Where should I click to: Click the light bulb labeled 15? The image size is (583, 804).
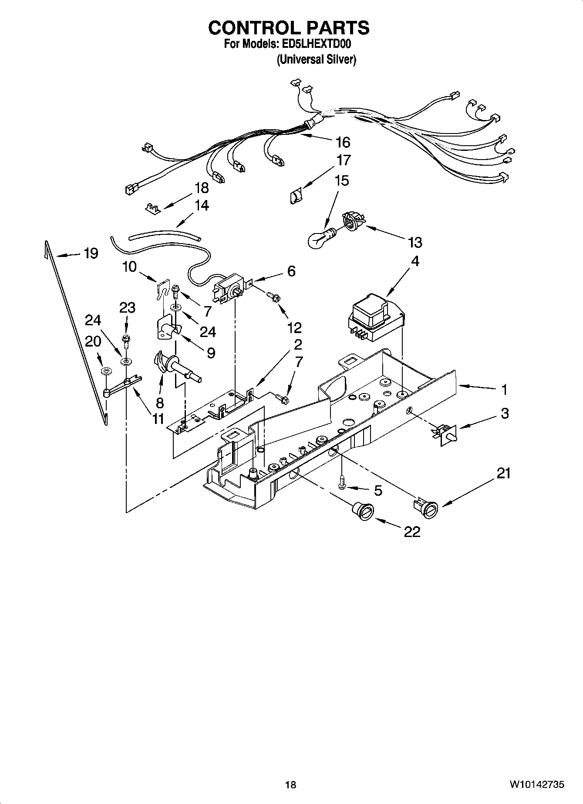tap(320, 239)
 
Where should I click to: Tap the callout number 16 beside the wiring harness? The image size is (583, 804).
tap(343, 142)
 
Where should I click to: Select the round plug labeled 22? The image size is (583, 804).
tap(362, 510)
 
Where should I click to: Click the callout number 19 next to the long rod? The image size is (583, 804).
tap(91, 253)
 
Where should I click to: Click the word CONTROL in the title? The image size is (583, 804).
tap(250, 28)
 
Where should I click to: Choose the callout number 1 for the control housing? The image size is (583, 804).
tap(504, 390)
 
